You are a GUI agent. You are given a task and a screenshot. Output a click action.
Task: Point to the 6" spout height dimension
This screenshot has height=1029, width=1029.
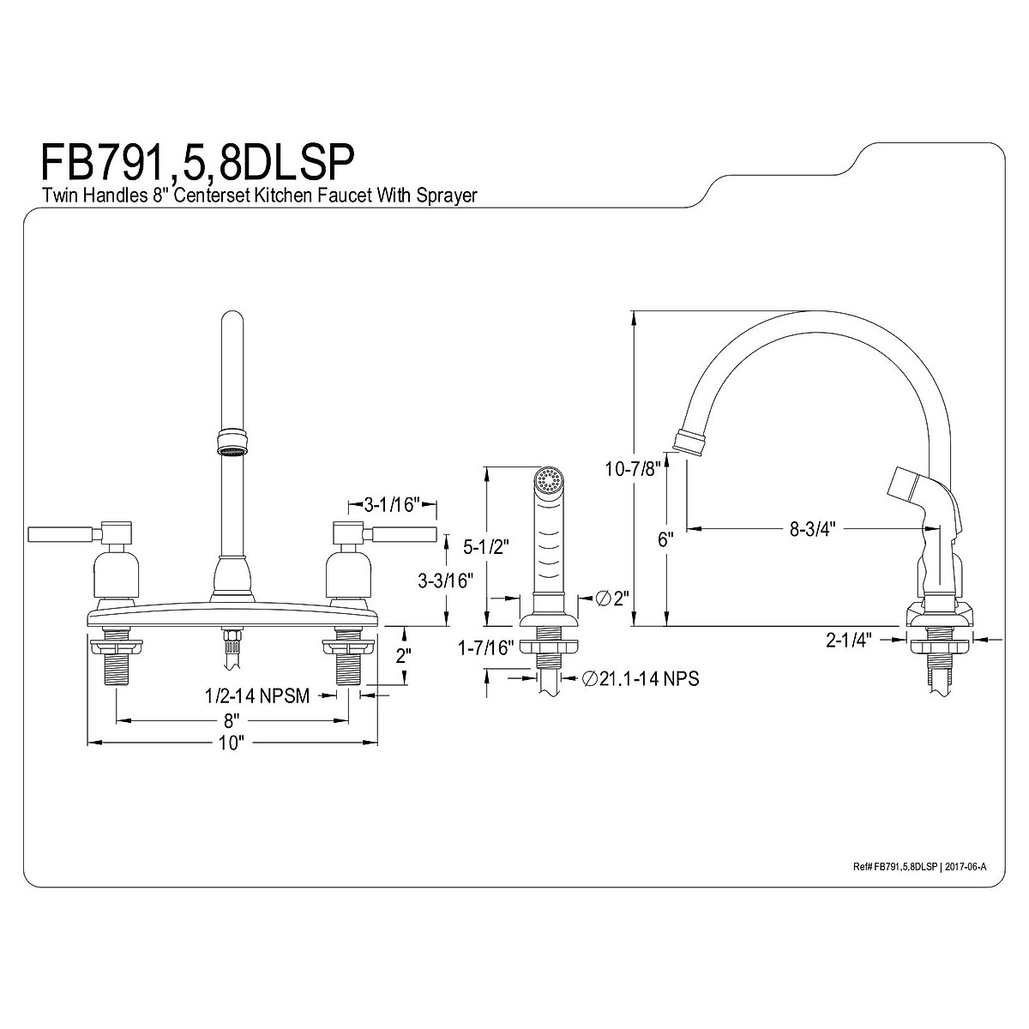pyautogui.click(x=665, y=539)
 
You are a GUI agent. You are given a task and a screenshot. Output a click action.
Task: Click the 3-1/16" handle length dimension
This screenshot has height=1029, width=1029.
pyautogui.click(x=390, y=505)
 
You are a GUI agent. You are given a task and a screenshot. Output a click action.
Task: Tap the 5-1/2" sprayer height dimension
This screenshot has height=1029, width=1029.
pyautogui.click(x=487, y=545)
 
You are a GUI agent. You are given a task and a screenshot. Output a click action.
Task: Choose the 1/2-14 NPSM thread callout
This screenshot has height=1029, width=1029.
pyautogui.click(x=256, y=695)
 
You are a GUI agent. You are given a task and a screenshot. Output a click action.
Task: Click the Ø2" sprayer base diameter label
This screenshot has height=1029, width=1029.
pyautogui.click(x=612, y=598)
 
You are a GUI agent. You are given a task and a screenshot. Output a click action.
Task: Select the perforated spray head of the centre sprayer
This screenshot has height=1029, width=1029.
pyautogui.click(x=547, y=479)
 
